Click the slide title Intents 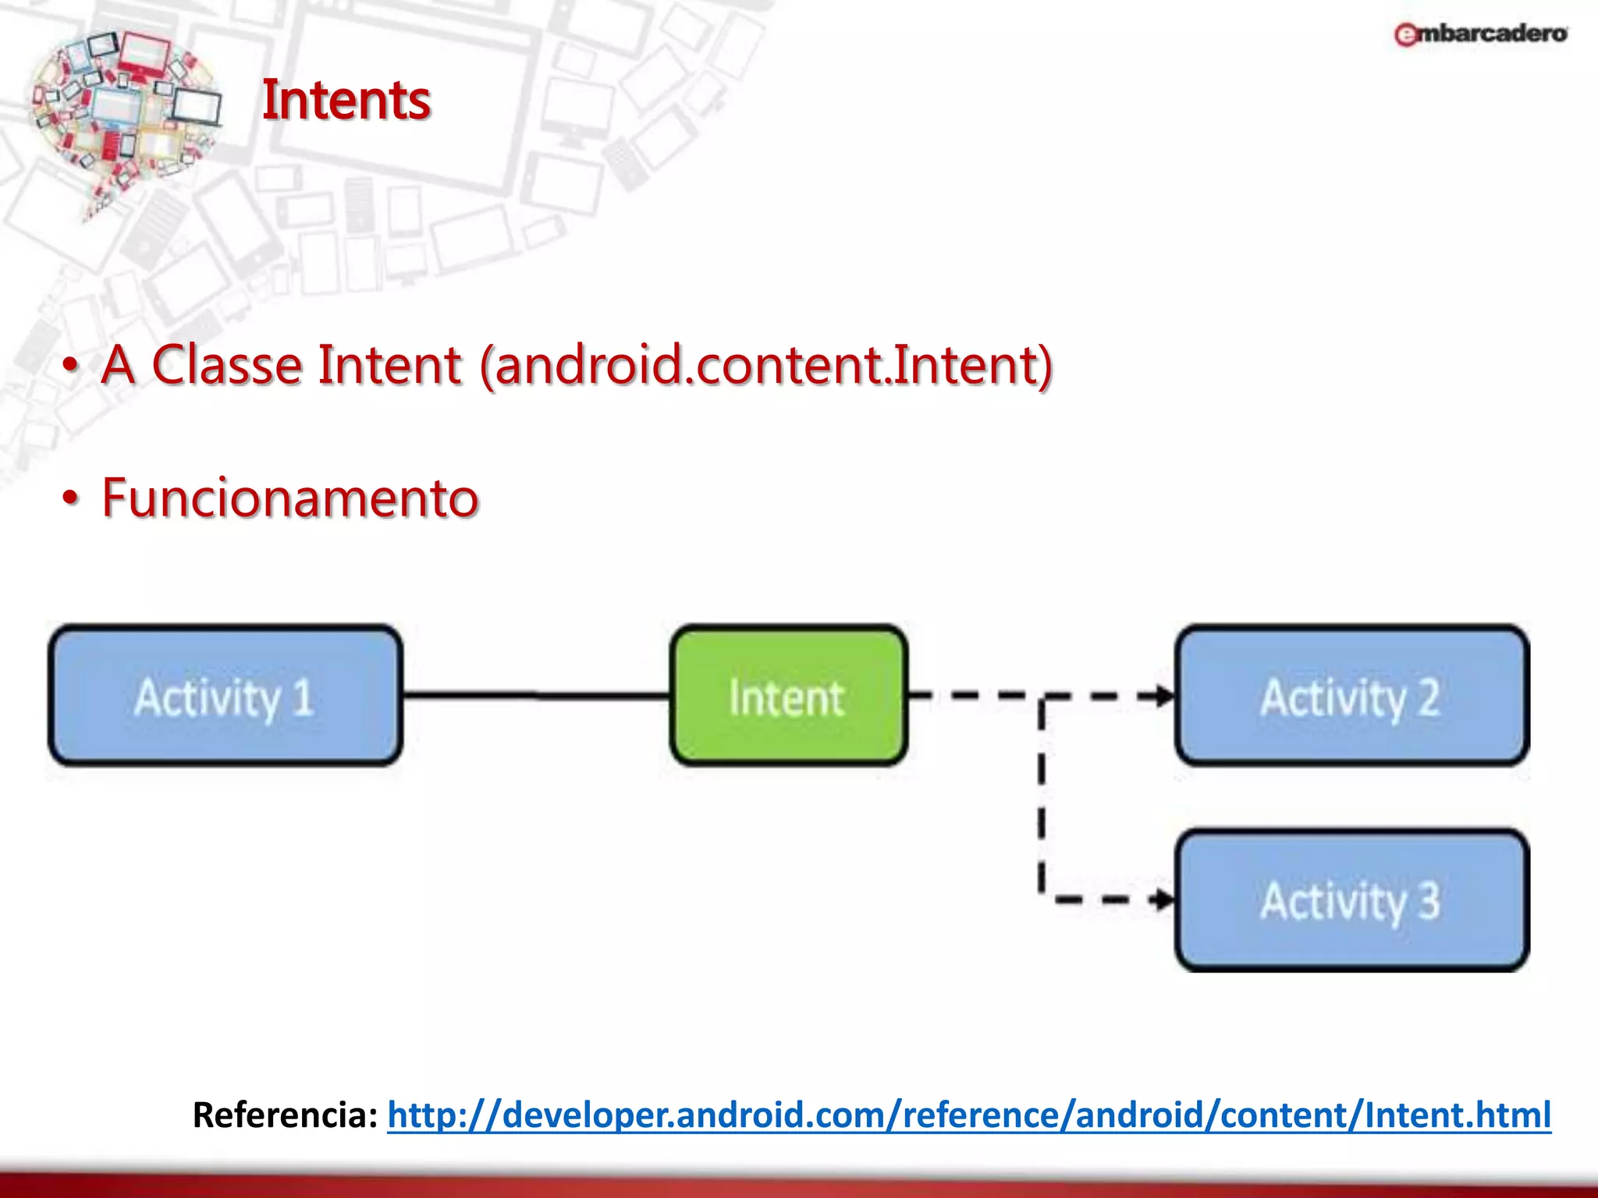coord(346,101)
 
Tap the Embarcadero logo coord(1480,34)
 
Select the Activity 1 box coord(225,695)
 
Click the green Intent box coord(788,695)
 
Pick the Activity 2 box coord(1351,695)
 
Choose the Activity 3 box coord(1351,900)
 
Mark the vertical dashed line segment coord(1041,796)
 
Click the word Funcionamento coord(289,498)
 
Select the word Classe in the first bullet coord(226,364)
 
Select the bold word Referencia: coord(285,1115)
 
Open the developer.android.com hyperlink coord(968,1115)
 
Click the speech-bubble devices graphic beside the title coord(125,117)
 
